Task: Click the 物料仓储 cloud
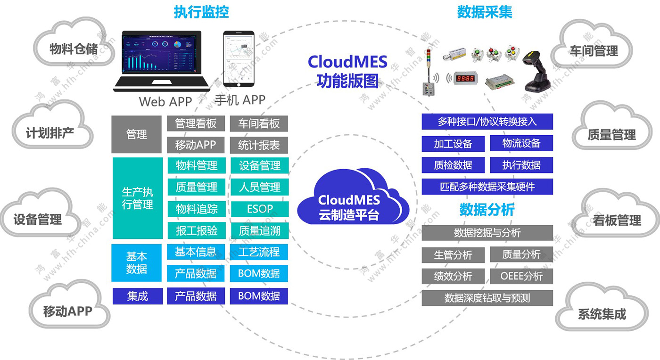74,49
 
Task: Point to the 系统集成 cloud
602,314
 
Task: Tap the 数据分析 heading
487,210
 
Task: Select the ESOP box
259,209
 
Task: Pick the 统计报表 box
259,145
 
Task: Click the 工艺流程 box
259,252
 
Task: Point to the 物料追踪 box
196,209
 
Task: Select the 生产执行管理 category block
137,198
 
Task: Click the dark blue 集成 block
137,296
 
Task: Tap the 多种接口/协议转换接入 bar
487,122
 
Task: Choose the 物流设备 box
521,143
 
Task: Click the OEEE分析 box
521,276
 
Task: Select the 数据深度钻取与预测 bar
487,298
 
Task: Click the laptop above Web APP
162,61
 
